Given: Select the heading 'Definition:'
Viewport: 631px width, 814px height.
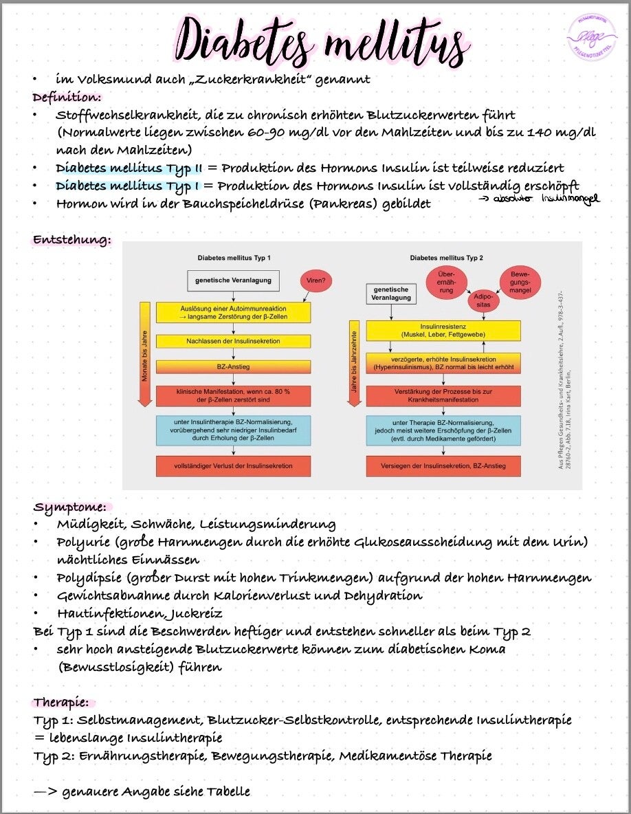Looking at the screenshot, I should click(x=67, y=97).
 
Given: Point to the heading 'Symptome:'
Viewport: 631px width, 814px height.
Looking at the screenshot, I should click(x=69, y=507).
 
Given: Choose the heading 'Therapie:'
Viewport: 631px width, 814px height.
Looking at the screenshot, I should click(x=62, y=703).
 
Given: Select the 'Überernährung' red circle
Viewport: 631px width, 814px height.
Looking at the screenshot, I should click(x=447, y=281).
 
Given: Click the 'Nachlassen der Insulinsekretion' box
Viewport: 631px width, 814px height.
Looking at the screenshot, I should click(x=233, y=341).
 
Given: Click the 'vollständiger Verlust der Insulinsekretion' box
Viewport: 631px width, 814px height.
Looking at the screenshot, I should click(x=233, y=465).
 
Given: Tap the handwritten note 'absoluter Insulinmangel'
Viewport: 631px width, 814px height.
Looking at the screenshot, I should click(x=540, y=199).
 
